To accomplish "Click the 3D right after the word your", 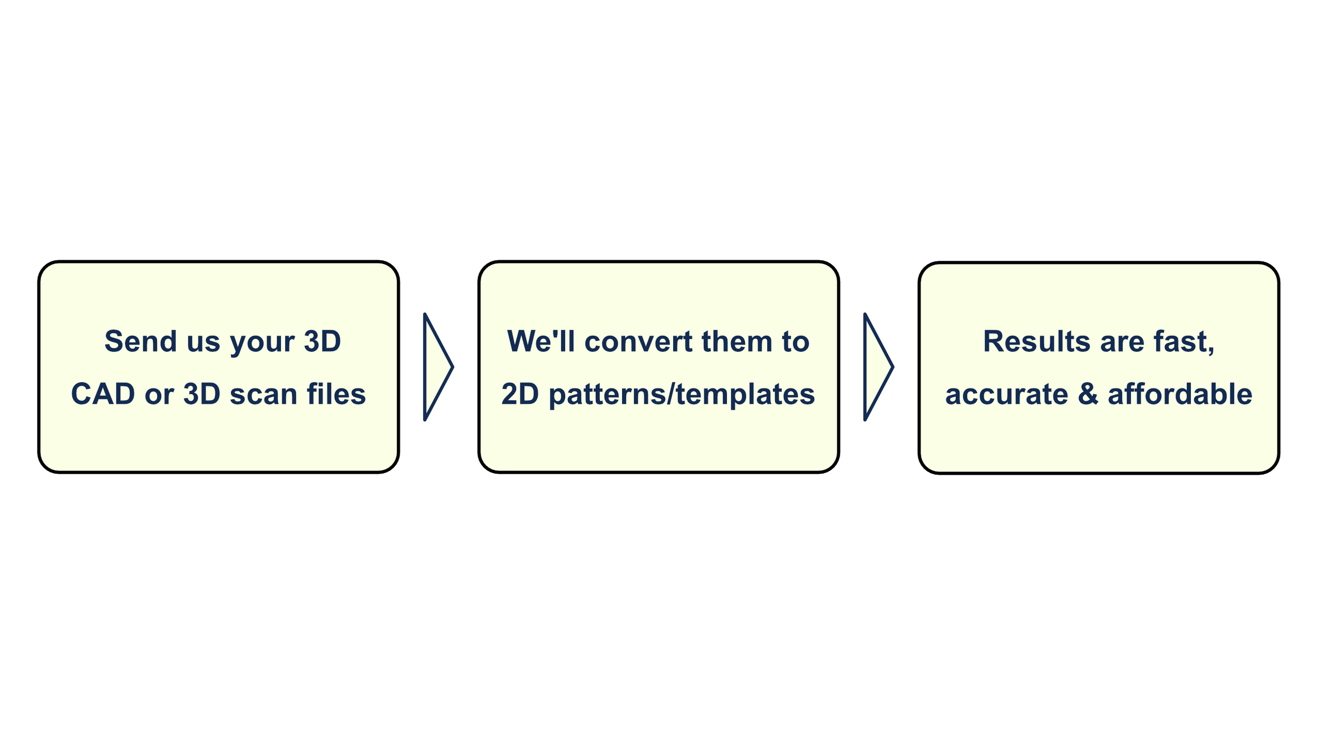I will point(322,341).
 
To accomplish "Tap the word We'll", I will point(541,341).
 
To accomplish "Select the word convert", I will point(638,341).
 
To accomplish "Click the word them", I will point(736,341).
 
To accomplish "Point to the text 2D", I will point(520,394).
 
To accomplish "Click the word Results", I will point(1036,341).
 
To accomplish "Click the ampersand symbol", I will point(1088,394).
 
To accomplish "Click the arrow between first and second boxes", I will point(437,367).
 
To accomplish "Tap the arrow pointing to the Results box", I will point(877,367).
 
